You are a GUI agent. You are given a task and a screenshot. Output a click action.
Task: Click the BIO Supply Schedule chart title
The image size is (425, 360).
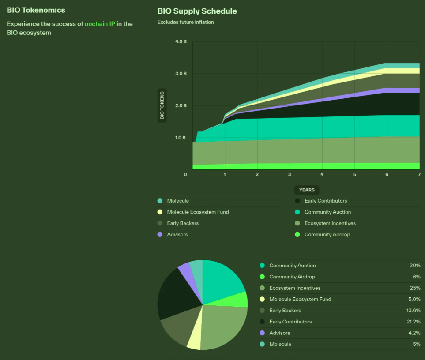pyautogui.click(x=197, y=11)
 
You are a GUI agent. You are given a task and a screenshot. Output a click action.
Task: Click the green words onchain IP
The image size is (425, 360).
pyautogui.click(x=100, y=24)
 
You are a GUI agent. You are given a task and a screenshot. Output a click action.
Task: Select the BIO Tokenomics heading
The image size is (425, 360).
pyautogui.click(x=36, y=10)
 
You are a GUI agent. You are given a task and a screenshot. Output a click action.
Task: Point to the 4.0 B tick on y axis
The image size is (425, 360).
pyautogui.click(x=181, y=41)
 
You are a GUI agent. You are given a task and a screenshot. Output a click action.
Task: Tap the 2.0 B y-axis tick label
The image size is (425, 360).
pyautogui.click(x=181, y=105)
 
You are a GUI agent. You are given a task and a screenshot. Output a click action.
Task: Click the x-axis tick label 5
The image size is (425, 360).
pyautogui.click(x=354, y=175)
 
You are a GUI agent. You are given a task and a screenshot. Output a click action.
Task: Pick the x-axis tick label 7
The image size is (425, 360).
pyautogui.click(x=419, y=175)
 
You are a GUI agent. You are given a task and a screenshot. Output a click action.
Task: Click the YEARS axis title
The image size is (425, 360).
pyautogui.click(x=307, y=190)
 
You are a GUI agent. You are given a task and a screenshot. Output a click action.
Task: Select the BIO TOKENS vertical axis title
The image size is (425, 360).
pyautogui.click(x=162, y=105)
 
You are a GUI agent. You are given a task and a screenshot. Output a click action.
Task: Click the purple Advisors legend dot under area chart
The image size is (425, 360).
pyautogui.click(x=160, y=235)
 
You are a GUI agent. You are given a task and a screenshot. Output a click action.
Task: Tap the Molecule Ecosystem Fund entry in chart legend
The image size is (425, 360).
pyautogui.click(x=198, y=212)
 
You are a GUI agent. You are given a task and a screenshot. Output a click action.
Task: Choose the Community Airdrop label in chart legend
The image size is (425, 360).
pyautogui.click(x=327, y=235)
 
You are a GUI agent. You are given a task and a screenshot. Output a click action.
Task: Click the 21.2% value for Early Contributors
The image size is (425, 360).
pyautogui.click(x=414, y=322)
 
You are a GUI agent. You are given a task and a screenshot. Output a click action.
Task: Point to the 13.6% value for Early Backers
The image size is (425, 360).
pyautogui.click(x=414, y=311)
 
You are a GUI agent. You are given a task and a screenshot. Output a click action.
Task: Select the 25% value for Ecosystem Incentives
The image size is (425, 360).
pyautogui.click(x=415, y=288)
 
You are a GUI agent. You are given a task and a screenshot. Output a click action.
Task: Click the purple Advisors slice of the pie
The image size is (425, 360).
pyautogui.click(x=184, y=272)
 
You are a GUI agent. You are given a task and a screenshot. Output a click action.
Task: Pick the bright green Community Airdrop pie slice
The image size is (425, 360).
pyautogui.click(x=238, y=300)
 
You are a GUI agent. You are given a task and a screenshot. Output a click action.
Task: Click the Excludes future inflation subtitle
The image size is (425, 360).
pyautogui.click(x=185, y=22)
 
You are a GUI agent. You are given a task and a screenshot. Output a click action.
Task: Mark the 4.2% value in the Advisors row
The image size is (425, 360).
pyautogui.click(x=414, y=333)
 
